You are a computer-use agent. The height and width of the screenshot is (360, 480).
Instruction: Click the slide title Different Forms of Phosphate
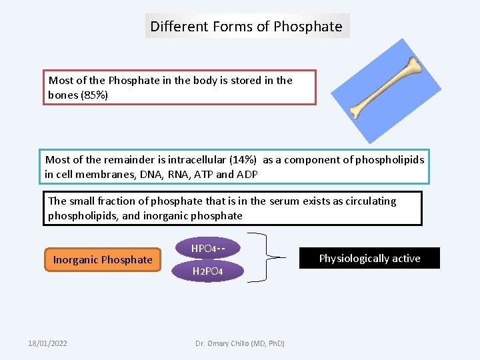[x=247, y=27]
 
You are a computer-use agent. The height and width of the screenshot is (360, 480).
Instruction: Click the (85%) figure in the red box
[x=93, y=95]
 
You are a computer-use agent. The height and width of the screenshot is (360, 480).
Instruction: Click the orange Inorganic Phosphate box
[x=103, y=259]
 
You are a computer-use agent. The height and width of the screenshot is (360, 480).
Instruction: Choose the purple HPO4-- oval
[x=207, y=249]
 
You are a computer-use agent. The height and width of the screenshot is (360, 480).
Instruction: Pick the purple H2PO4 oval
[x=207, y=271]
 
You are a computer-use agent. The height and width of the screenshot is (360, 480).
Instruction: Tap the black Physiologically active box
[x=369, y=258]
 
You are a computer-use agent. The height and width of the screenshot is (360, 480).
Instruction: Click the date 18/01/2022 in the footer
[x=47, y=343]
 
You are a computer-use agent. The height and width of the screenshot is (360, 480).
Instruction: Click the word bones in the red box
[x=63, y=95]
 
